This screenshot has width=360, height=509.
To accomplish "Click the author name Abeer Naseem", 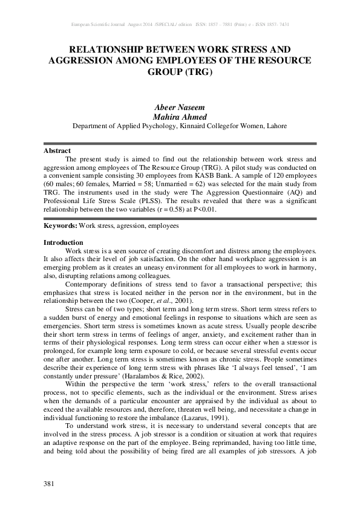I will (x=180, y=107).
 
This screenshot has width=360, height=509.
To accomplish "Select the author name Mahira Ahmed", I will (x=180, y=117).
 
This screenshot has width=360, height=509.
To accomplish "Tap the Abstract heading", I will (x=57, y=151).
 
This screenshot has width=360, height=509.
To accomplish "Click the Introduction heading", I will (x=63, y=242).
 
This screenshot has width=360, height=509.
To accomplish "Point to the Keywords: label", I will (x=60, y=225).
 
